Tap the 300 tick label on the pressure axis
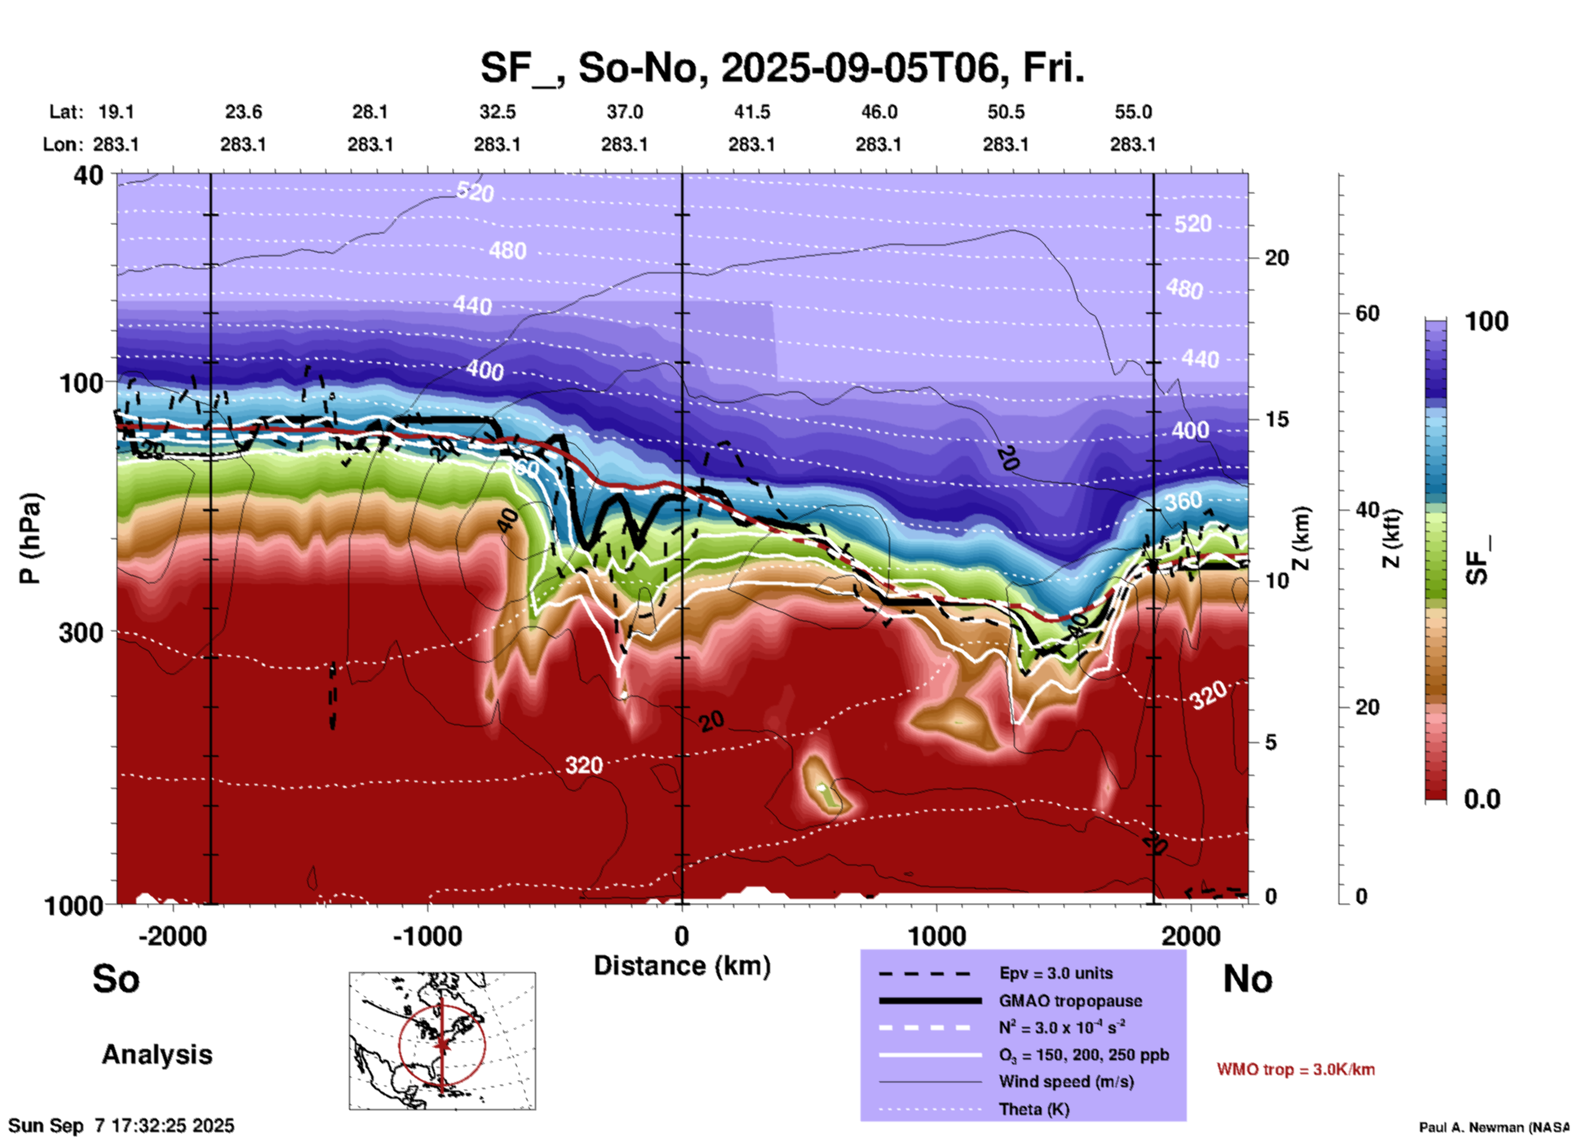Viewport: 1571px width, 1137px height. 80,632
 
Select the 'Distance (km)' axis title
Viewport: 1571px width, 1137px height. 682,966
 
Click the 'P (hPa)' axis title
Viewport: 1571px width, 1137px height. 29,538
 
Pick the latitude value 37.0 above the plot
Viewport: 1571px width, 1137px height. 624,112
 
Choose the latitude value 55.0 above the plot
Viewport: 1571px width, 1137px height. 1132,112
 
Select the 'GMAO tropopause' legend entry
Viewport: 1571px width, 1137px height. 1070,1001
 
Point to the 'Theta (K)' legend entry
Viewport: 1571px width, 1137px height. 1034,1109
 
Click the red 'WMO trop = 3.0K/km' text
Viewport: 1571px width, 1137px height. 1295,1069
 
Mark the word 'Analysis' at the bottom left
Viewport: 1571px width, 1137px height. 157,1055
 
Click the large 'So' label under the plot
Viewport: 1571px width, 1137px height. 116,979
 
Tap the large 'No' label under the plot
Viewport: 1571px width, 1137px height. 1247,979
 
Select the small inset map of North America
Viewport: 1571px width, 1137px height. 442,1040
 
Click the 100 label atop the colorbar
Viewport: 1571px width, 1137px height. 1486,321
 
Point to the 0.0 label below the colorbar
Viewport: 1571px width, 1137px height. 1482,799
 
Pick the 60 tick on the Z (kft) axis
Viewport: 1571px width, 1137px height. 1366,313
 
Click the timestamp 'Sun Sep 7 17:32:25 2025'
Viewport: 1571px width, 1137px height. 122,1126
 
